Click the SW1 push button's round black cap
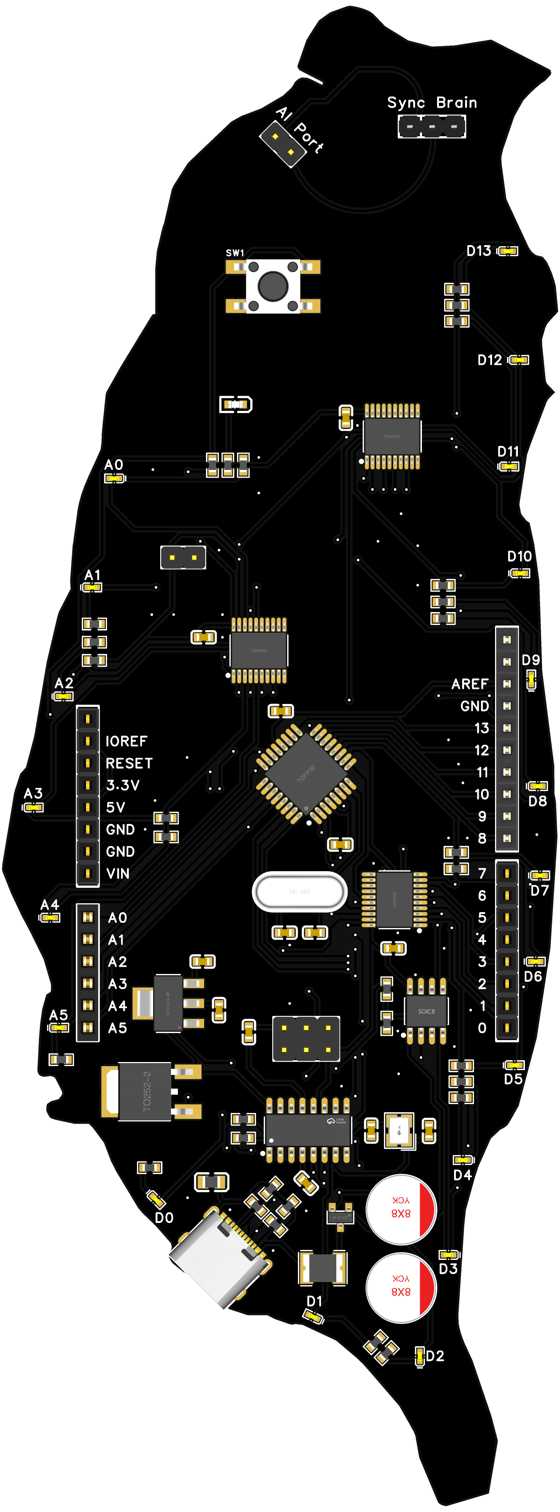click(x=273, y=286)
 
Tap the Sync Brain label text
click(x=432, y=103)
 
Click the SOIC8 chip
click(x=426, y=1011)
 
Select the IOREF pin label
click(x=126, y=741)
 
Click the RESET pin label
click(x=129, y=763)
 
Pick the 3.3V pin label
click(x=123, y=786)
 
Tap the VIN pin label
click(x=118, y=873)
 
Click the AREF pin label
click(x=470, y=684)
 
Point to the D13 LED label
click(x=478, y=251)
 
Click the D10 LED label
click(x=519, y=556)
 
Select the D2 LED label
click(x=435, y=1356)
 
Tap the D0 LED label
click(x=164, y=1218)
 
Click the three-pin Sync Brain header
click(x=432, y=126)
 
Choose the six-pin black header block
click(x=306, y=1038)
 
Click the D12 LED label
click(x=489, y=360)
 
